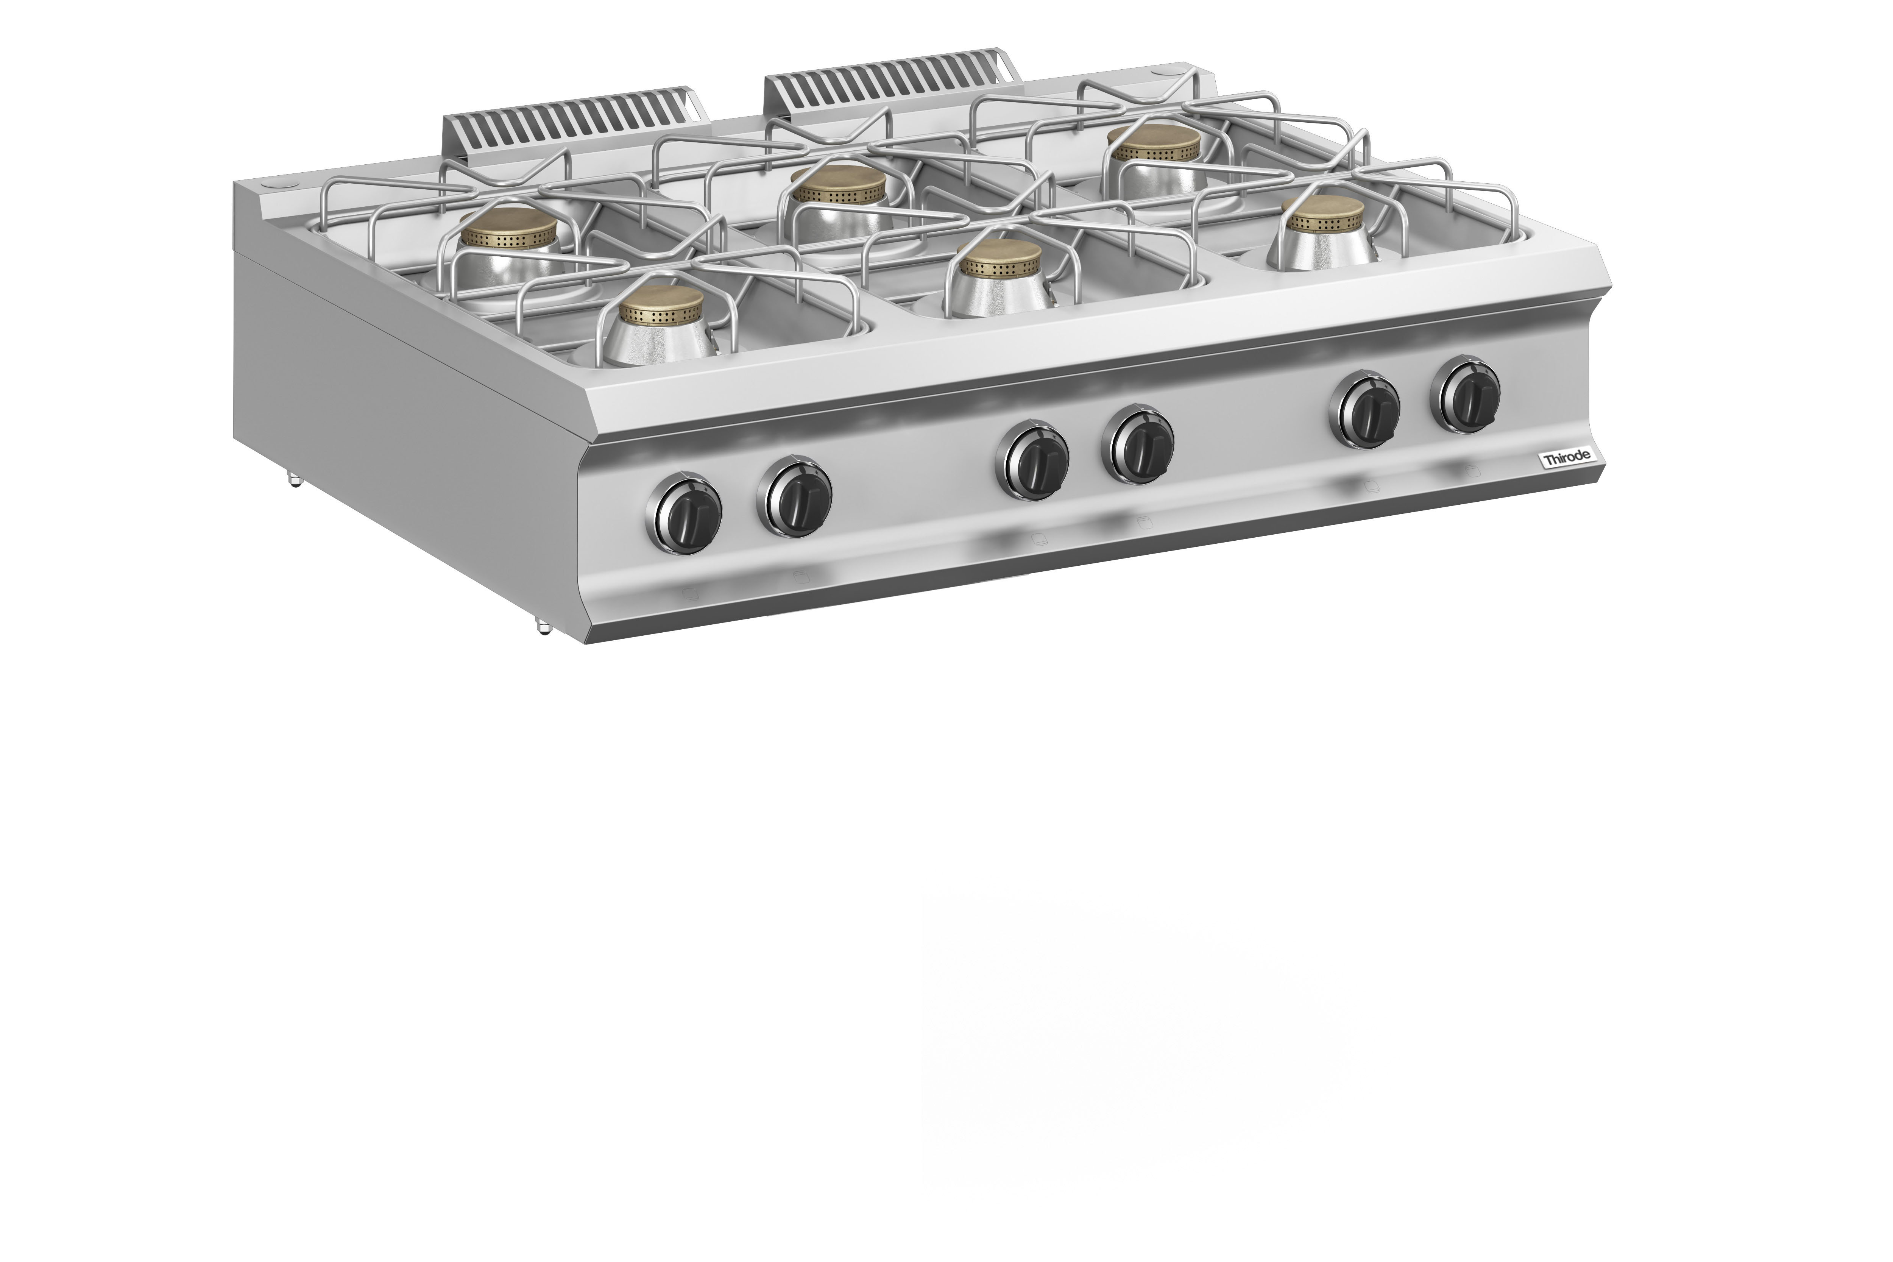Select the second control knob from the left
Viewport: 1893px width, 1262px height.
[794, 497]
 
